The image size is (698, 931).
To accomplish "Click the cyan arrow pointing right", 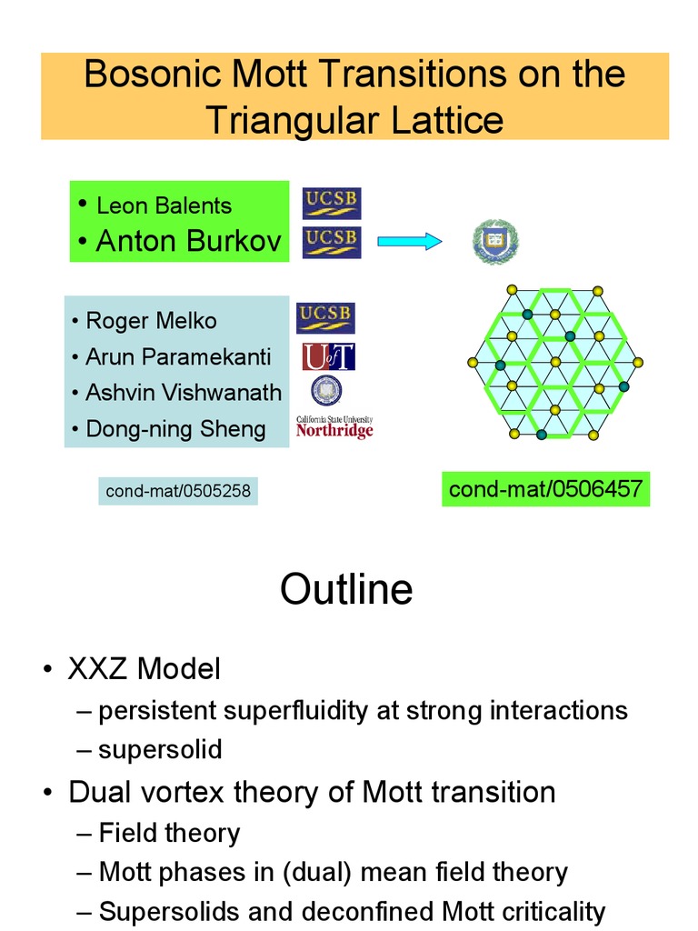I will pyautogui.click(x=408, y=241).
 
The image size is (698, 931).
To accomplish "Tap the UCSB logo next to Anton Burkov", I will pyautogui.click(x=331, y=242).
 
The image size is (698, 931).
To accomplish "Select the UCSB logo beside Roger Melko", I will pyautogui.click(x=325, y=318).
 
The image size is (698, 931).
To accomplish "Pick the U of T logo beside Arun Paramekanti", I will pyautogui.click(x=328, y=356).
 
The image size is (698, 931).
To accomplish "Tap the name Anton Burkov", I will pyautogui.click(x=188, y=241).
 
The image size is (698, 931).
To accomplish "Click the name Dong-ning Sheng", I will pyautogui.click(x=175, y=428).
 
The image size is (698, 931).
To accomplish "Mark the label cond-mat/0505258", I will pyautogui.click(x=178, y=492).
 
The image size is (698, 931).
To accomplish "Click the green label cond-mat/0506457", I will pyautogui.click(x=545, y=489).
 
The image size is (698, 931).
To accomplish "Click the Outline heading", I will pyautogui.click(x=346, y=589).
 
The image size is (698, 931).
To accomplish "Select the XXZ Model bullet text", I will pyautogui.click(x=145, y=670).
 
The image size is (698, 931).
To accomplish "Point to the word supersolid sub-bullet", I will pyautogui.click(x=160, y=750).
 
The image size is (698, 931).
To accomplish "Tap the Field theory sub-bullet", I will pyautogui.click(x=169, y=832).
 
